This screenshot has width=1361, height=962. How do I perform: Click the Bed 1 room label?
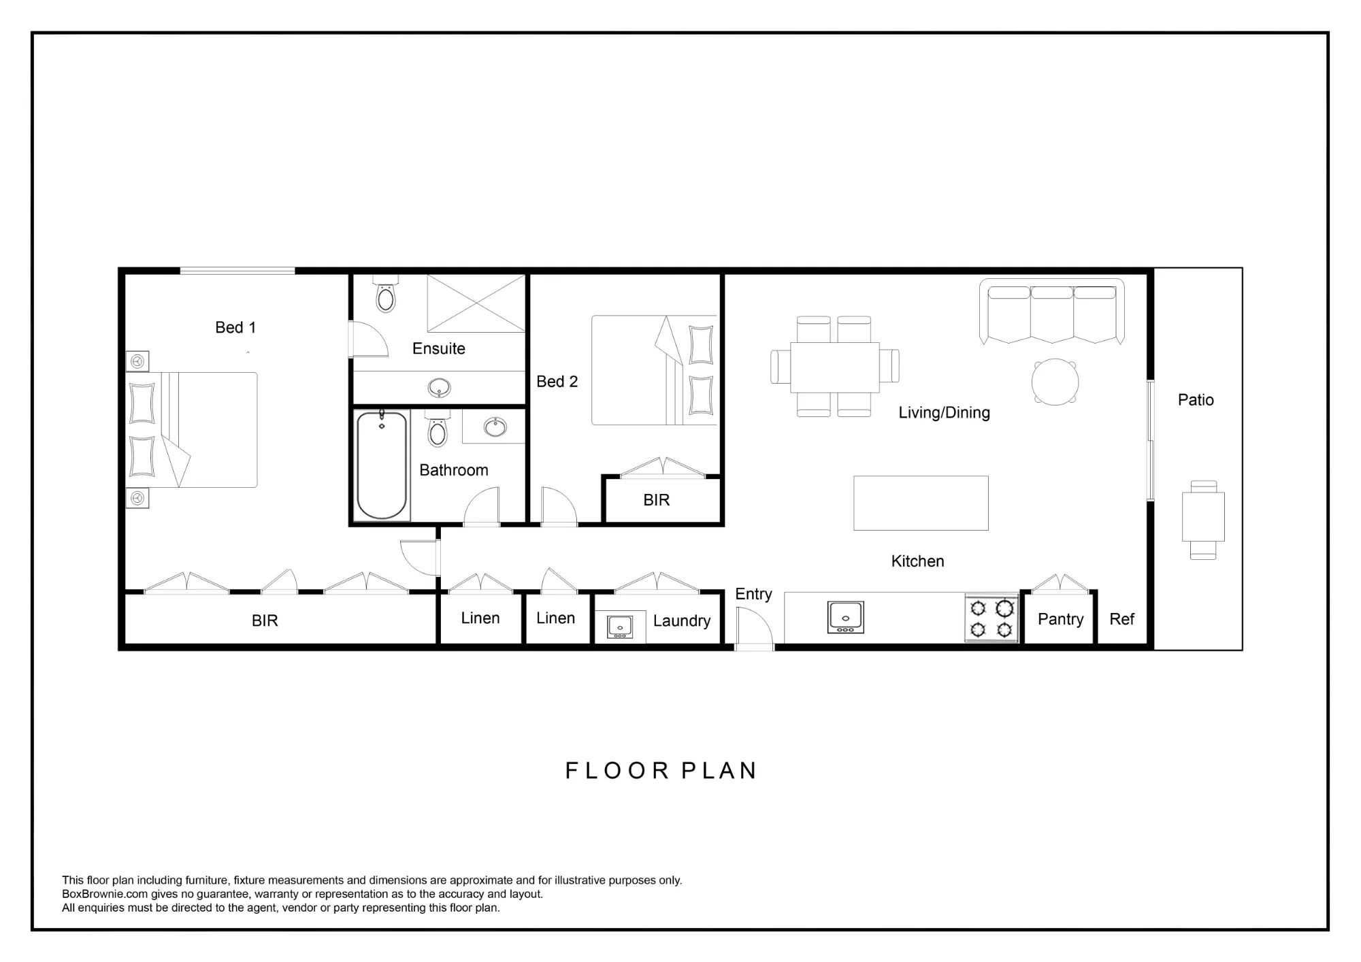[x=235, y=327]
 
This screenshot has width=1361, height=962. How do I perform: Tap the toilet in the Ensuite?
[x=385, y=293]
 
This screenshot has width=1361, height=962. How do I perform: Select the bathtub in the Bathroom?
[x=382, y=465]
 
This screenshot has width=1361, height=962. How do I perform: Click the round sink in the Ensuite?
[x=439, y=388]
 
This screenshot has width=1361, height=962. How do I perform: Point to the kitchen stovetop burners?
[x=991, y=618]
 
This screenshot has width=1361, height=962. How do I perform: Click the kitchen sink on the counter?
[x=845, y=617]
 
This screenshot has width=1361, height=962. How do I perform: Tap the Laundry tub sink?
[x=620, y=627]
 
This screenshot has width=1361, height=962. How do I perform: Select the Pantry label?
[x=1060, y=619]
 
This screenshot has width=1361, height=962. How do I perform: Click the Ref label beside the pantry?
[x=1121, y=619]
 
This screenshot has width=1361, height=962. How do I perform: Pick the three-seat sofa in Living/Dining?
[x=1051, y=311]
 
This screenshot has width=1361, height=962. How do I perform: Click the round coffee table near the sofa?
[x=1055, y=382]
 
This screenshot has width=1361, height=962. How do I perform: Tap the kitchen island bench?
[x=921, y=503]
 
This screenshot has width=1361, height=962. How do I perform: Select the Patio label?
[x=1196, y=400]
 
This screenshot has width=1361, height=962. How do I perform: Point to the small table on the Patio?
[x=1203, y=517]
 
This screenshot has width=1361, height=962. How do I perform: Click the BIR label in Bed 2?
[x=657, y=500]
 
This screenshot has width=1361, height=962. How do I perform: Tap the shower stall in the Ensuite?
[x=476, y=303]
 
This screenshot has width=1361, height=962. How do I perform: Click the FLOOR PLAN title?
[x=661, y=771]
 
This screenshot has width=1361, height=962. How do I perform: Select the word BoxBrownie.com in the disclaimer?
[x=105, y=894]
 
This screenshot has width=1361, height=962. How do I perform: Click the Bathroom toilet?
[x=438, y=428]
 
